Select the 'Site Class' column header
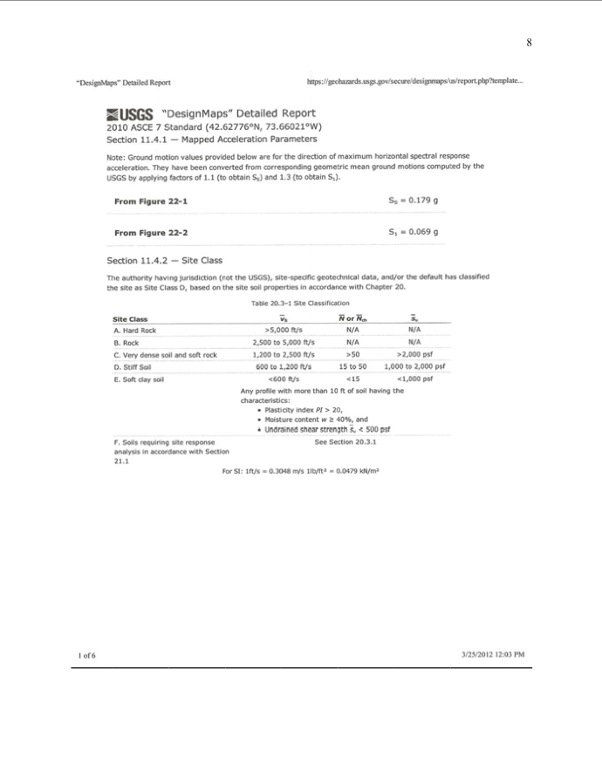click(x=131, y=319)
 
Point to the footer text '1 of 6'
click(x=86, y=656)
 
